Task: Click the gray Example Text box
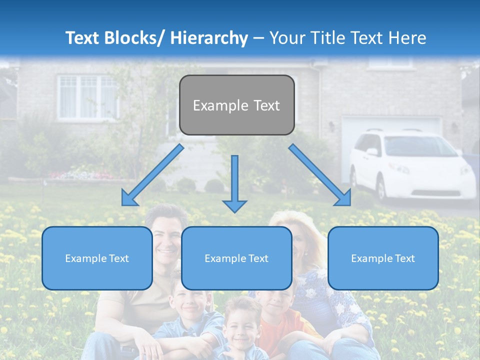(x=236, y=105)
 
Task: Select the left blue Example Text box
(x=97, y=258)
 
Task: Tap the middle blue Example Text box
(x=236, y=258)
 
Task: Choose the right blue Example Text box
(x=383, y=258)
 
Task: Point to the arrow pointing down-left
(x=152, y=175)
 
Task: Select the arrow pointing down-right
(x=320, y=175)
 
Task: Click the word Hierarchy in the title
(x=209, y=38)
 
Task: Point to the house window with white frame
(x=87, y=97)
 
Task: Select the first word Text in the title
(x=84, y=38)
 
